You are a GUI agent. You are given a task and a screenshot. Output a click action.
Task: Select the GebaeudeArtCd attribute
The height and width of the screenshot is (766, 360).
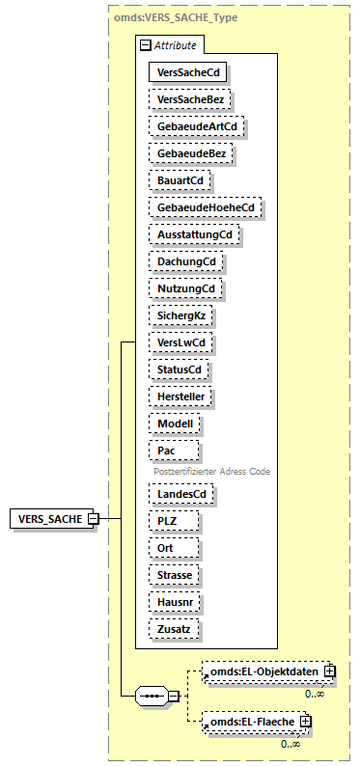pos(196,125)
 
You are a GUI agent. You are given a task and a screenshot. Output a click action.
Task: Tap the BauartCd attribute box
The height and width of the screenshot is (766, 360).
pos(180,179)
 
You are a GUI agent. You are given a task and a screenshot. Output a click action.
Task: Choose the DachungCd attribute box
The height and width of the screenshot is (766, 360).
pos(185,261)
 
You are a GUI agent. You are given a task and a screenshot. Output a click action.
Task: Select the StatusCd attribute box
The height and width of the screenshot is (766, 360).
pos(180,369)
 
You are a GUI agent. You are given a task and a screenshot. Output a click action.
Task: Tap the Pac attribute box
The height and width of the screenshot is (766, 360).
pos(174,451)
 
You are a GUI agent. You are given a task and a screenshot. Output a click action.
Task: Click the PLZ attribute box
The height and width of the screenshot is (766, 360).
pos(175,520)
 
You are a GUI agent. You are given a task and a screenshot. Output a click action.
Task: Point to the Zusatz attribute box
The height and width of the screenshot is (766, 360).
pos(177,628)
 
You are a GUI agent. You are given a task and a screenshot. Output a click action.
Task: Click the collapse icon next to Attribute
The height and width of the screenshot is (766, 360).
pos(145,44)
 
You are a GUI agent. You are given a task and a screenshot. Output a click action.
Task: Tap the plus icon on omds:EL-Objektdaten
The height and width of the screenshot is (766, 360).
pos(329,670)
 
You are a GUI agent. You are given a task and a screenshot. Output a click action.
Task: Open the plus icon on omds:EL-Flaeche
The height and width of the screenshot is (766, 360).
pos(305,721)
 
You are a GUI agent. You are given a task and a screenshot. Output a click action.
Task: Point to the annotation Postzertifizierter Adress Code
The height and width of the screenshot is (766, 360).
pos(211,471)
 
